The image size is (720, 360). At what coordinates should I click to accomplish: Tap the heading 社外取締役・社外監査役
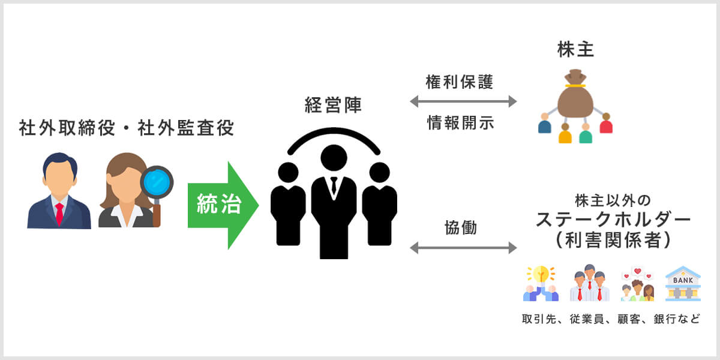[127, 128]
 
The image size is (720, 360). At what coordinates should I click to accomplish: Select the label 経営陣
[333, 106]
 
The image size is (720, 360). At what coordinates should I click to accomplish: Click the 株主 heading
[575, 50]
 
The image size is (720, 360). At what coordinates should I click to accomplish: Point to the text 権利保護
[460, 82]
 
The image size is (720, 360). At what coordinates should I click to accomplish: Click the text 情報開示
[460, 123]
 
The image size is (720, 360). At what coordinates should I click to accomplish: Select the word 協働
[461, 228]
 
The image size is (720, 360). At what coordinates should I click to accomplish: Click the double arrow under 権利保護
[463, 102]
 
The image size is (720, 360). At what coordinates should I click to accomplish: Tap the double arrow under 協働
[463, 247]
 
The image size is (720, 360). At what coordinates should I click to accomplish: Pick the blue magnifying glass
[157, 182]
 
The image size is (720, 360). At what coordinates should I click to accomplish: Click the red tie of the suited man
[59, 213]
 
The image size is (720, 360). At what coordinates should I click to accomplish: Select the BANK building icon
[683, 284]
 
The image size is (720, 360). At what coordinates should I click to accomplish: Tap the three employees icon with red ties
[589, 284]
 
